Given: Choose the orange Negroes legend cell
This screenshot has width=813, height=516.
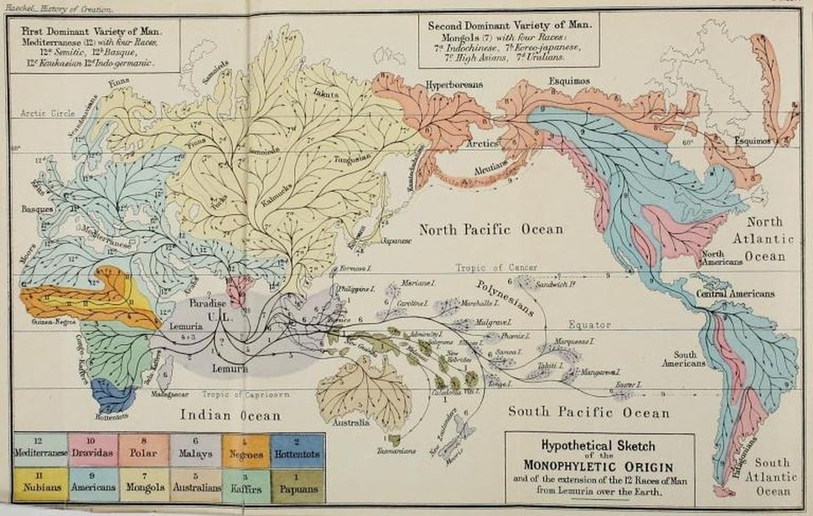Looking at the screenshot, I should pos(247,450).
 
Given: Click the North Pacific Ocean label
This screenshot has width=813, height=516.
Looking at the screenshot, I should pos(491,229).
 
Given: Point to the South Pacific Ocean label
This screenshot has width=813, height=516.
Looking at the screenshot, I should pos(589,412).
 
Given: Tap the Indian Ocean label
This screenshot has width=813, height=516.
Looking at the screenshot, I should pos(230,415).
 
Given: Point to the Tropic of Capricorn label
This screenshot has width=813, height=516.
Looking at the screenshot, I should pos(245,394).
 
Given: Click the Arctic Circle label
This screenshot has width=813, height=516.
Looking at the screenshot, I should pos(47,113).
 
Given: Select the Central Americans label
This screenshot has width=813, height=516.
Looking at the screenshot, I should pos(735,294).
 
